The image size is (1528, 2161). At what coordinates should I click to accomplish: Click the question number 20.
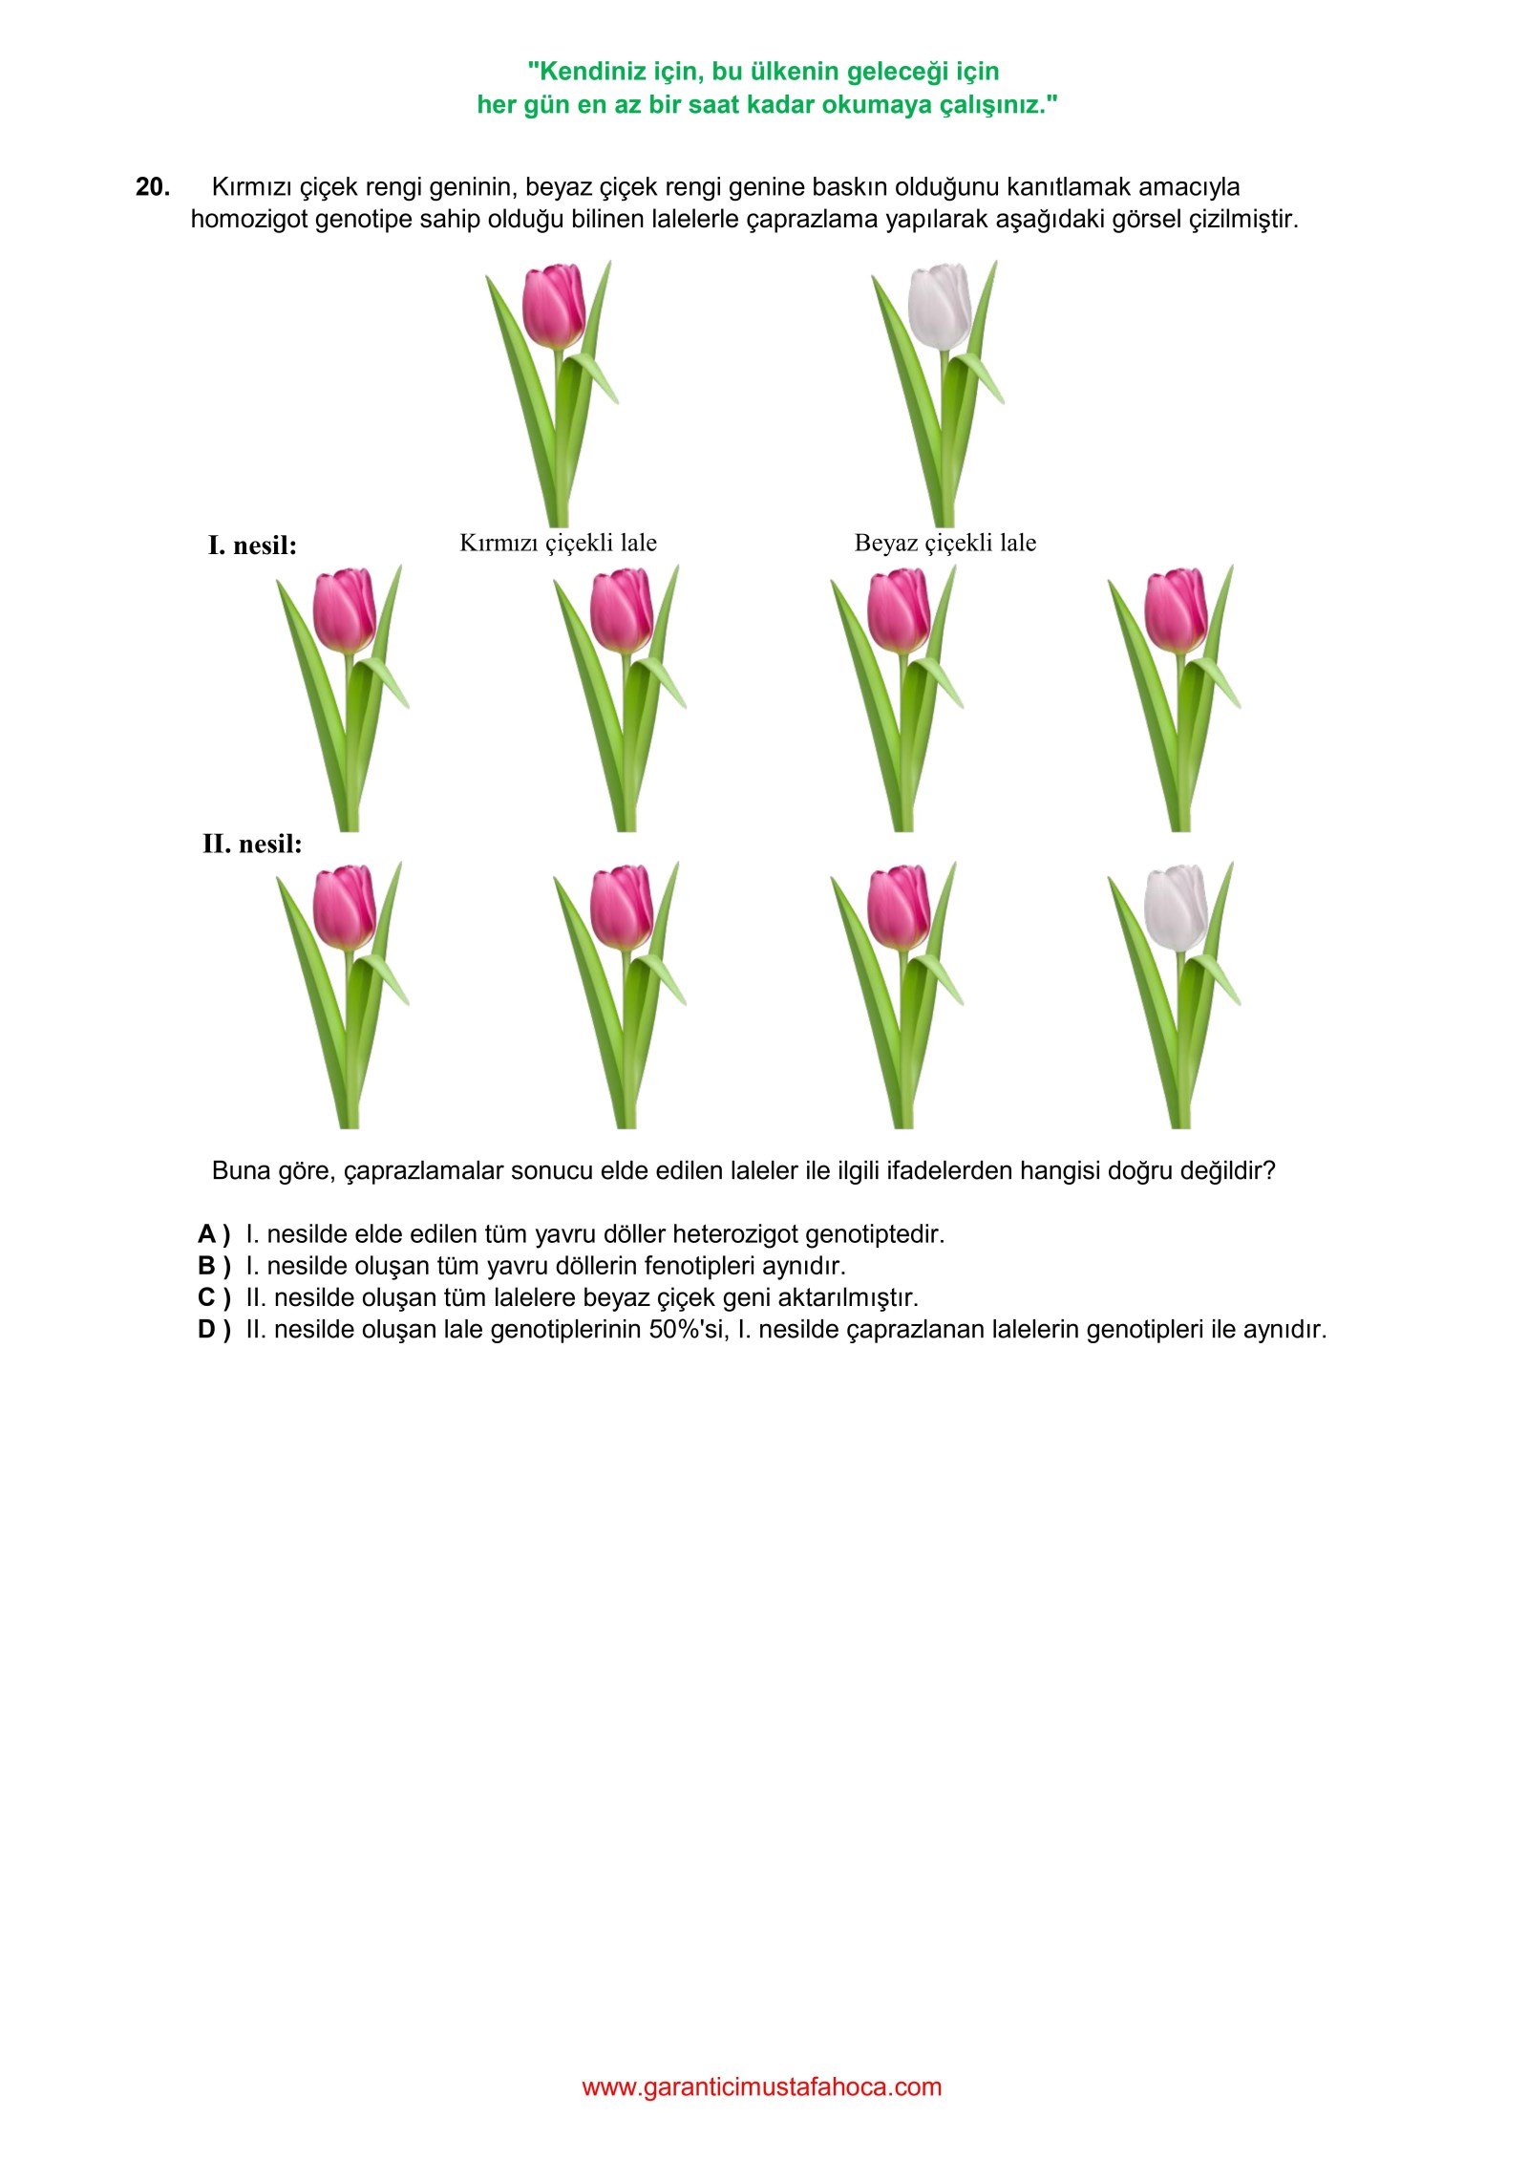(x=153, y=187)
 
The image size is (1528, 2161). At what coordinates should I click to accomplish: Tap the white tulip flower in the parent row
(x=940, y=306)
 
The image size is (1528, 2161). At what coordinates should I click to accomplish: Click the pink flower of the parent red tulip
(x=555, y=306)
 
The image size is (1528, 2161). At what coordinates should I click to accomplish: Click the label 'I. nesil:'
(x=252, y=546)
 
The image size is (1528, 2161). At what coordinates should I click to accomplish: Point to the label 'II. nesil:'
(x=252, y=844)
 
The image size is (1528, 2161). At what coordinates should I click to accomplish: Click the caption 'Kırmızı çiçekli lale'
(x=559, y=543)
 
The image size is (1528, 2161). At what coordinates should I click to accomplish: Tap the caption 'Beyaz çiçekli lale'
(x=945, y=543)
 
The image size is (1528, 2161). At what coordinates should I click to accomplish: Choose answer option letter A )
(x=214, y=1234)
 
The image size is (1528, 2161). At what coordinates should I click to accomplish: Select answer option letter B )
(x=214, y=1266)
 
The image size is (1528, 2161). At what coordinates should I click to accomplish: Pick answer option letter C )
(x=214, y=1297)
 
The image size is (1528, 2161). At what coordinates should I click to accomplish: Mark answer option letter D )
(x=214, y=1329)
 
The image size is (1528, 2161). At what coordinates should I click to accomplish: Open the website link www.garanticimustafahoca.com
(x=762, y=2086)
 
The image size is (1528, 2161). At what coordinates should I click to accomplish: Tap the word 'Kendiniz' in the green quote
(x=586, y=72)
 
